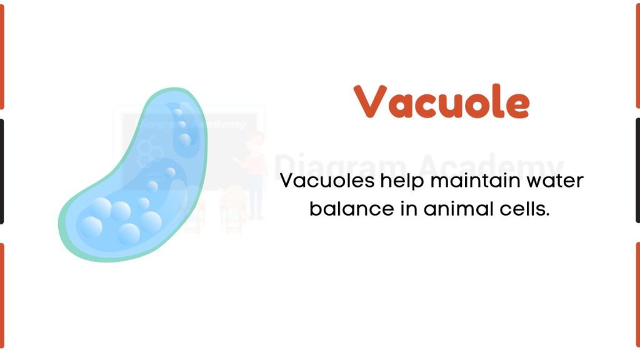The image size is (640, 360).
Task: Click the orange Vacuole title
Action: pyautogui.click(x=442, y=101)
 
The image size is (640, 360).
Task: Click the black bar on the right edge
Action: pyautogui.click(x=637, y=170)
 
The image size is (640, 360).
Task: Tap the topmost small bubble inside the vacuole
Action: pyautogui.click(x=177, y=113)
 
